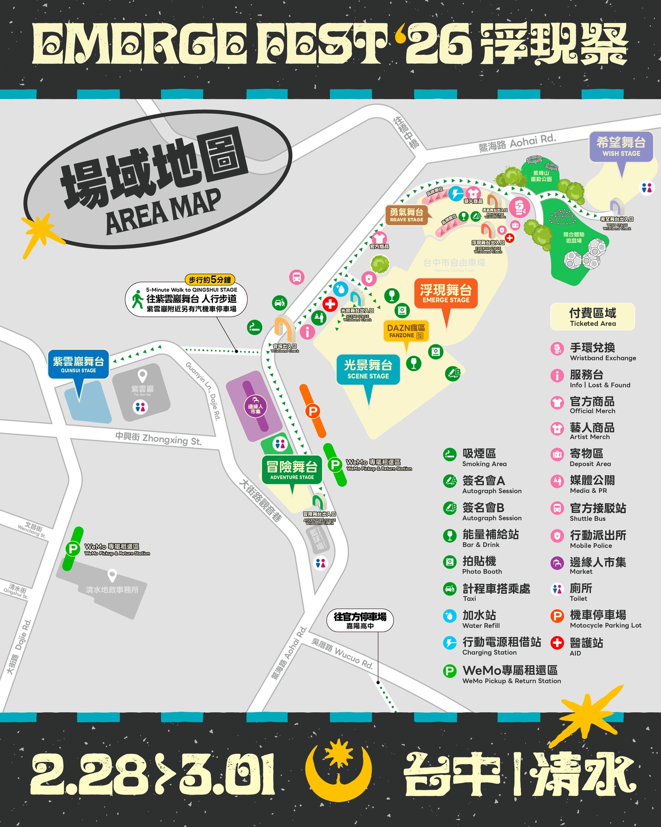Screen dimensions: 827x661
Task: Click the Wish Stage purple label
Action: pyautogui.click(x=621, y=147)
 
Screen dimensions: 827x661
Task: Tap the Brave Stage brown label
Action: pyautogui.click(x=407, y=215)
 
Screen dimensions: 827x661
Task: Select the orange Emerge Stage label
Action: pyautogui.click(x=446, y=293)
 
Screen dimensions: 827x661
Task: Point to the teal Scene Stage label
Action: pyautogui.click(x=368, y=369)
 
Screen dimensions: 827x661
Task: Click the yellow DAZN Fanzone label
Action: pyautogui.click(x=406, y=331)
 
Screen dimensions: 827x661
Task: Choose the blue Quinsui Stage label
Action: pyautogui.click(x=78, y=364)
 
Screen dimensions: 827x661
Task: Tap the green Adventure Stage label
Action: pyautogui.click(x=292, y=470)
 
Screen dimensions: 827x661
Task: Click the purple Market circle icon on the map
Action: pyautogui.click(x=255, y=407)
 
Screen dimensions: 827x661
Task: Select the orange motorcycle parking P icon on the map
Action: pyautogui.click(x=313, y=411)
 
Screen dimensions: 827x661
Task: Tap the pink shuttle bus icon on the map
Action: pyautogui.click(x=297, y=277)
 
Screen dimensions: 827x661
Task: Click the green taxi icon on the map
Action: pyautogui.click(x=279, y=303)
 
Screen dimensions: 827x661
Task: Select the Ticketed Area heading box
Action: pyautogui.click(x=593, y=317)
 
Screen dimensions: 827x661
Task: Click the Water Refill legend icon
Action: pyautogui.click(x=450, y=616)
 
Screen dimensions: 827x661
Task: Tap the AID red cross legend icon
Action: pyautogui.click(x=557, y=643)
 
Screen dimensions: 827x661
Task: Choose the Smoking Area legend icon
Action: pyautogui.click(x=450, y=454)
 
